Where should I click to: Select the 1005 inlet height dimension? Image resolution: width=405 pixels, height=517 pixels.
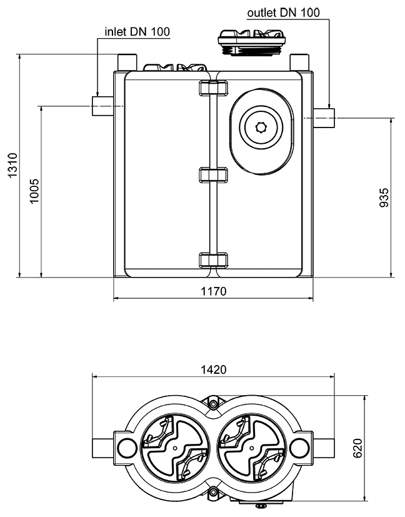(x=34, y=191)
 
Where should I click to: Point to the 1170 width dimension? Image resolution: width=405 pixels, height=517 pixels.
(x=213, y=291)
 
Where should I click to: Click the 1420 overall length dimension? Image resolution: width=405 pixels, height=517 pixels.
(x=213, y=369)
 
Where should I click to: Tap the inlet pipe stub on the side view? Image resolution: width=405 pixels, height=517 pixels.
(x=101, y=107)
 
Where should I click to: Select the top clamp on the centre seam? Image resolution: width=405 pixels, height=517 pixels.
(x=211, y=89)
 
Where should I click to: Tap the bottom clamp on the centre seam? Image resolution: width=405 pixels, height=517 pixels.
(x=211, y=260)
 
